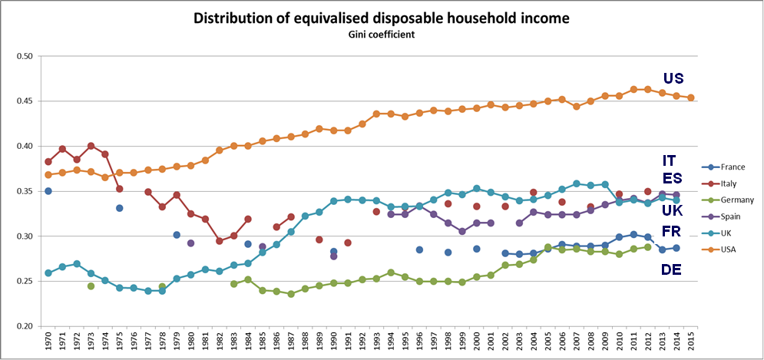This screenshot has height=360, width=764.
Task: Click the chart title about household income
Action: pos(382,18)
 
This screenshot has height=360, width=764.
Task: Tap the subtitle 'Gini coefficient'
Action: pos(382,35)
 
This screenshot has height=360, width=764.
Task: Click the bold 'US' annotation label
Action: pos(673,78)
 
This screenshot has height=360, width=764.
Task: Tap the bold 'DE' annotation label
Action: pos(672,269)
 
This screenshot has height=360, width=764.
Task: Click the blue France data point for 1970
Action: pos(48,191)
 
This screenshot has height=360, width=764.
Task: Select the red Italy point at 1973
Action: pos(91,146)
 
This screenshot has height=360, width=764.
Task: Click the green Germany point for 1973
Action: pos(91,286)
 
